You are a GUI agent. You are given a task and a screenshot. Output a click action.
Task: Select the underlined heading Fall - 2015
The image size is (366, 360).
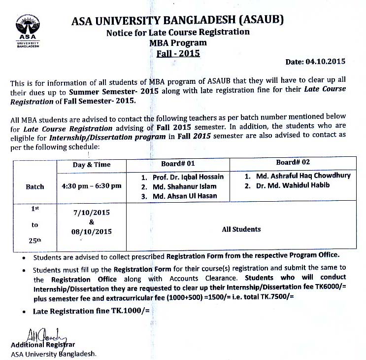coord(178,53)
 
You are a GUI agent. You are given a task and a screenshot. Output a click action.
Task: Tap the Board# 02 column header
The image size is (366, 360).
coord(293,162)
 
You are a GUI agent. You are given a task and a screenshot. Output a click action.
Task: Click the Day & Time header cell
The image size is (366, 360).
coord(92,165)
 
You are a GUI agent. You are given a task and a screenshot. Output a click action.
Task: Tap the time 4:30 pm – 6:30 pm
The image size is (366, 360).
coord(92,186)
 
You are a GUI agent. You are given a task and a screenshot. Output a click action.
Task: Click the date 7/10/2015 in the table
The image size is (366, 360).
coord(92,213)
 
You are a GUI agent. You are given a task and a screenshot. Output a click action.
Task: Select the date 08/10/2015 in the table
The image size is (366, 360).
coord(92,231)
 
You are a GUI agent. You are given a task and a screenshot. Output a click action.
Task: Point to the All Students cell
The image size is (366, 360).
coord(241,229)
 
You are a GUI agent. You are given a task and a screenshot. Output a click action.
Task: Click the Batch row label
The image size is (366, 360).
coord(35,187)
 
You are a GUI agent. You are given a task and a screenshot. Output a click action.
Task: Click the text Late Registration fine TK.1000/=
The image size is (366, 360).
coord(91,311)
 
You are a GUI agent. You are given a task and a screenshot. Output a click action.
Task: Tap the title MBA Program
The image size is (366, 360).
coord(178,43)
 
